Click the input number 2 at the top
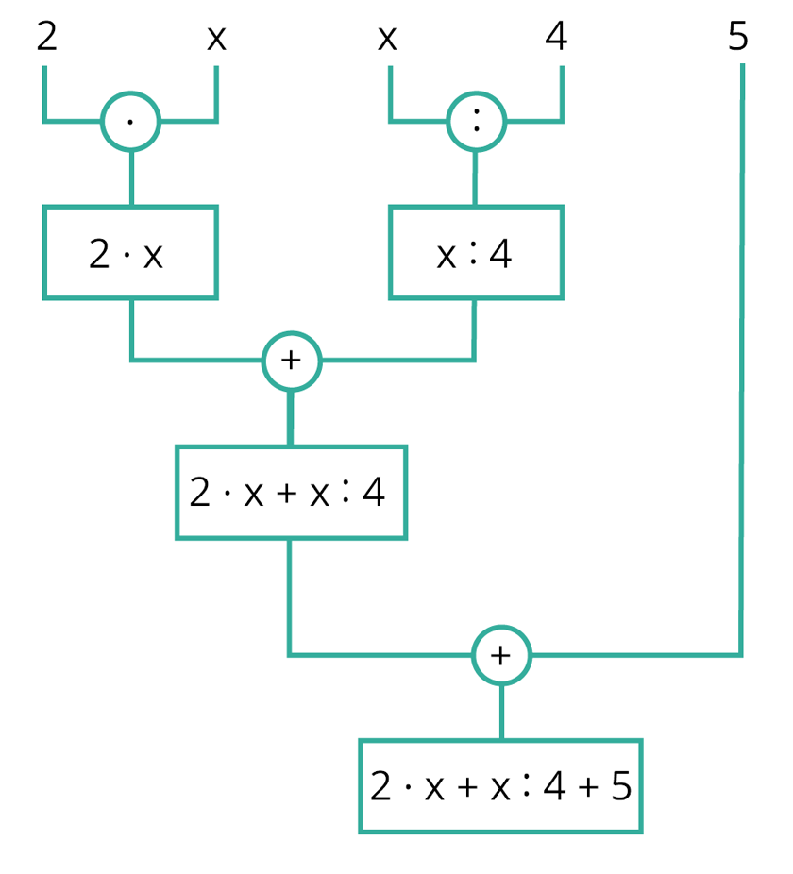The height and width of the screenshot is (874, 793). pos(46,38)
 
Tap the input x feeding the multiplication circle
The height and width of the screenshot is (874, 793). pos(216,39)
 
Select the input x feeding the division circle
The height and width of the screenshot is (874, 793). pos(386,39)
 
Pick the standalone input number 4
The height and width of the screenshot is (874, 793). pos(557,38)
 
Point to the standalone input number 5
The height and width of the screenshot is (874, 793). pos(738,38)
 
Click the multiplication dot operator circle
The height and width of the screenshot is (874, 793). pos(130,121)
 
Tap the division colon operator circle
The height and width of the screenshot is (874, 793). pos(476,121)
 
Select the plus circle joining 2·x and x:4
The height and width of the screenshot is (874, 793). pos(291,360)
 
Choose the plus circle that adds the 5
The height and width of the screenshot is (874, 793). pos(501,654)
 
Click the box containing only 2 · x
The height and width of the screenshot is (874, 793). pos(130,253)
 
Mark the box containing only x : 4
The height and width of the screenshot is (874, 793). pos(476,253)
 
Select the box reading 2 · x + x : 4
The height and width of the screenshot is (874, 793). pos(291,492)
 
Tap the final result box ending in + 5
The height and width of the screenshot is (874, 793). pos(500,786)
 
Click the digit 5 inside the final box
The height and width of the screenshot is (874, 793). pos(620,786)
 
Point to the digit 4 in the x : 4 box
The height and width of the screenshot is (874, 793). pos(500,254)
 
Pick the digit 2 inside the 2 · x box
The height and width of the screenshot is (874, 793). pos(99,254)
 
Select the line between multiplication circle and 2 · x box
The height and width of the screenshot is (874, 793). pos(130,178)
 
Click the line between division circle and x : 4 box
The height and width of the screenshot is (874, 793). pos(475,178)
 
